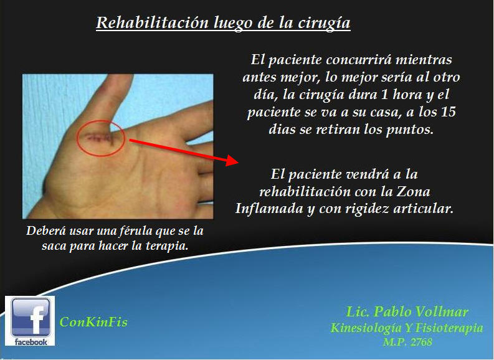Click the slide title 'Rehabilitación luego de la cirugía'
coord(223,24)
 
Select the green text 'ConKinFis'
coord(93,322)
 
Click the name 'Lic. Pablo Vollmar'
coord(407,312)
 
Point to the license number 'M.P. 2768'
coord(407,341)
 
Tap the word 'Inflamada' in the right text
coord(268,209)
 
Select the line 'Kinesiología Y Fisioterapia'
coord(406,328)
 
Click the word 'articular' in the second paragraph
coord(424,209)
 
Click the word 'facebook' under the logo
coord(30,342)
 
